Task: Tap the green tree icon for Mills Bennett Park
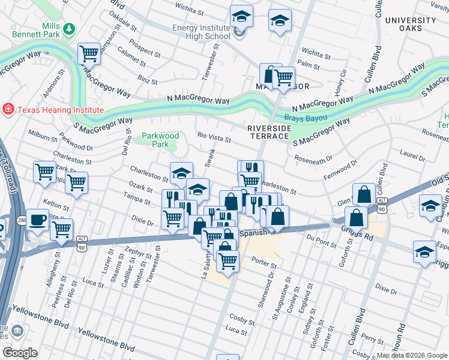click(x=70, y=29)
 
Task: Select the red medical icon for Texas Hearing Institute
click(x=8, y=109)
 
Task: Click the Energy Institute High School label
click(x=201, y=32)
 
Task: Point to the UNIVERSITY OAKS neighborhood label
click(x=411, y=24)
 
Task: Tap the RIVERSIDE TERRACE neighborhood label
click(x=268, y=132)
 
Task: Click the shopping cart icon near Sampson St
click(x=89, y=54)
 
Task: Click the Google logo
click(x=20, y=352)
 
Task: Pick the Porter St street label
click(x=264, y=262)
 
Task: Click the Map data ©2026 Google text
click(x=411, y=355)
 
